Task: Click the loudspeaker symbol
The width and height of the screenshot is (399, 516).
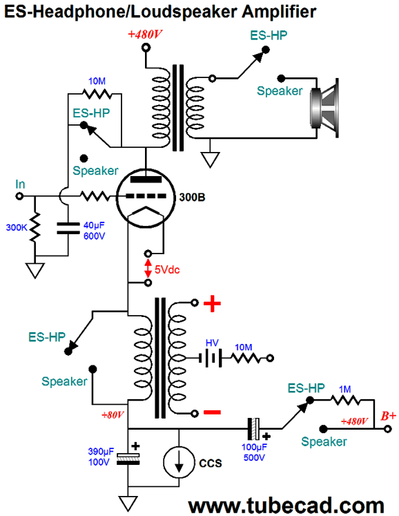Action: pos(324,108)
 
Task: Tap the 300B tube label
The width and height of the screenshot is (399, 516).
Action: pos(192,198)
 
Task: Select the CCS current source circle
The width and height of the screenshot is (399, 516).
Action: pos(179,462)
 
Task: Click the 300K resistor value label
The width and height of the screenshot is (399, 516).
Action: pos(17,227)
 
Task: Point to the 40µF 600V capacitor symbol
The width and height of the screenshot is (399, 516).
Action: pos(68,228)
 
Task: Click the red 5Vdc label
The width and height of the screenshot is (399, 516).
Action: pos(167,270)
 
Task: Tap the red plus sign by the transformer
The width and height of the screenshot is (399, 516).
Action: pos(212,303)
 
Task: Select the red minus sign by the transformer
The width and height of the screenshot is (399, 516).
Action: pos(212,412)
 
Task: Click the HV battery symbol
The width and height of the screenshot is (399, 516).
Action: pos(211,358)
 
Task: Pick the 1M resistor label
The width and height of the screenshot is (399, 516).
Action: pos(344,390)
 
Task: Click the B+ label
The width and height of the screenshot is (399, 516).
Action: pos(389,416)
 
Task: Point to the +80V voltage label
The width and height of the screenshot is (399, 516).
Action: pos(113,415)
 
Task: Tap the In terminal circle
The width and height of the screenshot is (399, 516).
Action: pos(20,196)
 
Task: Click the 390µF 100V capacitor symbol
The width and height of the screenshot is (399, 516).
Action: pos(128,459)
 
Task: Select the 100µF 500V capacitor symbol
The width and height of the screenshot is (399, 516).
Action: pos(253,429)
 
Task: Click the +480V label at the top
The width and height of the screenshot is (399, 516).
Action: pos(145,35)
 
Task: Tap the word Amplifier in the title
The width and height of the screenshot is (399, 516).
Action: pos(280,12)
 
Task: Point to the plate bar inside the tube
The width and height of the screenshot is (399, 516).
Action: pos(146,180)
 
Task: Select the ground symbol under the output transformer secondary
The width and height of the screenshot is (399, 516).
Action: pos(210,160)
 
